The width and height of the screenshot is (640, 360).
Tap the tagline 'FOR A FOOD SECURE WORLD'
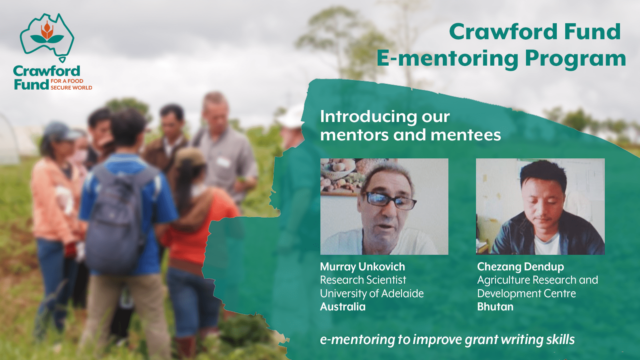tap(72, 84)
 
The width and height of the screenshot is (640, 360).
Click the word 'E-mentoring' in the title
tap(447, 58)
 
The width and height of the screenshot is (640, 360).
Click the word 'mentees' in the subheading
tap(466, 135)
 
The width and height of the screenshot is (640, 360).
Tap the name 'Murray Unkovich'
tap(362, 266)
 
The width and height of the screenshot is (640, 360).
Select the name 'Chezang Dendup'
tap(520, 267)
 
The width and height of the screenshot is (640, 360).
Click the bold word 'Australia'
tap(342, 306)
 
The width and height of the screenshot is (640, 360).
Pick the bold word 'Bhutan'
tap(495, 306)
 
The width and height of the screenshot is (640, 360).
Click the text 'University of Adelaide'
tap(372, 294)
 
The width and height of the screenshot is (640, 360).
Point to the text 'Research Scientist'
tap(363, 280)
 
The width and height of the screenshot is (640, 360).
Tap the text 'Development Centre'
tap(526, 294)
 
